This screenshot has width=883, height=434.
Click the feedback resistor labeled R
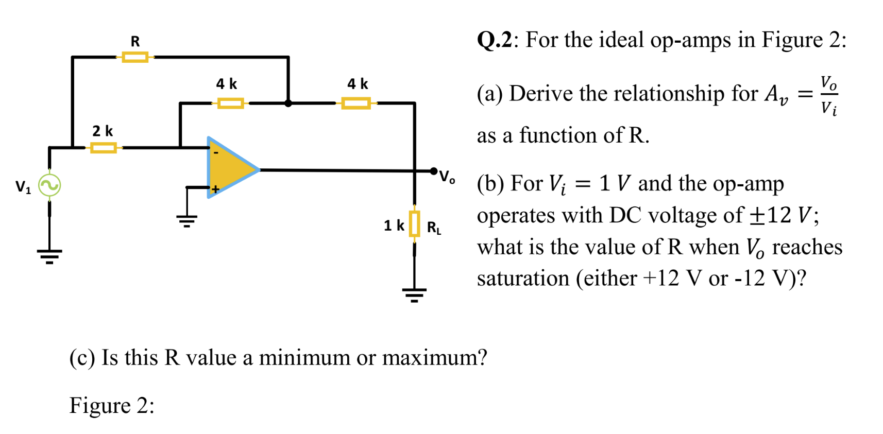[x=135, y=57]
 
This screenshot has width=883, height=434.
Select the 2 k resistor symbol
[x=103, y=148]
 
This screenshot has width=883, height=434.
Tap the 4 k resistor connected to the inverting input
[x=230, y=103]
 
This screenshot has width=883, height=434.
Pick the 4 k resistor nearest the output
[x=356, y=103]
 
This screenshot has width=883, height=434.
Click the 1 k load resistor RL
[x=414, y=224]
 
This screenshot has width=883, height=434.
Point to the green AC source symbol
[x=49, y=186]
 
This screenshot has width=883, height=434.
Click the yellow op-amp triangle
[x=229, y=168]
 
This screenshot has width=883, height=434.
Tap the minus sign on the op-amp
[x=216, y=153]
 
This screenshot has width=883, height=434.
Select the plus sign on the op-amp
[x=215, y=189]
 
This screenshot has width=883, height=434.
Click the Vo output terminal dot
[x=434, y=171]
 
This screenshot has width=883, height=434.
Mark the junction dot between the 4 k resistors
[x=288, y=103]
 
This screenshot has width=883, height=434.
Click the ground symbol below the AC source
[x=49, y=256]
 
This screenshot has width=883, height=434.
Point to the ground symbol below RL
[x=414, y=295]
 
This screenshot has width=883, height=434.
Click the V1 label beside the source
[x=23, y=186]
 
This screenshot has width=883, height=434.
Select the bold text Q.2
[x=494, y=40]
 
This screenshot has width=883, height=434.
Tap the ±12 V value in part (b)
[x=780, y=215]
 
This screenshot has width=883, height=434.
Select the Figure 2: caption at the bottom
[x=112, y=406]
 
